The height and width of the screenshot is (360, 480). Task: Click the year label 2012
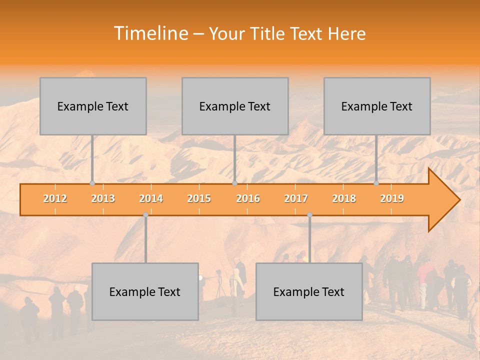coord(55,198)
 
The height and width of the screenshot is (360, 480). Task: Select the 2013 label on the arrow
coord(103,198)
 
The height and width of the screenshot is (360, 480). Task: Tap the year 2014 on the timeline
coord(151,198)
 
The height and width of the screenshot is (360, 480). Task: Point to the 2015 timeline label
coord(199,198)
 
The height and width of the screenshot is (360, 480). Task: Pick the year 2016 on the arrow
coord(248,198)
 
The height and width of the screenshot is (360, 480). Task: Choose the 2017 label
coord(296,198)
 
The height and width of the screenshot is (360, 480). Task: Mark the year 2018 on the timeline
coord(344,198)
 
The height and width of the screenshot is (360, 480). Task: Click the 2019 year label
coord(392,198)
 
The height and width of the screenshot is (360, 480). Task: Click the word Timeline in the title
coord(150,33)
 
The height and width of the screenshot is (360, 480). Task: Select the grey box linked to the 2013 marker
coord(93,106)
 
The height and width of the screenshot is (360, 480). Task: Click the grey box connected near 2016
coord(235,106)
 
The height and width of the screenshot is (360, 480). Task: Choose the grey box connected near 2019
coord(377,106)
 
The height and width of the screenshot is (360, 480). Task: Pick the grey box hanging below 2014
coord(145,291)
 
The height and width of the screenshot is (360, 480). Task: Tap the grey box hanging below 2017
coord(309,291)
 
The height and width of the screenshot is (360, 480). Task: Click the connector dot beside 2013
coord(92,183)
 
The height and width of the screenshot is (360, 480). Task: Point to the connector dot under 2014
coord(145,214)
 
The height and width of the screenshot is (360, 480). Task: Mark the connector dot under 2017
coord(309,214)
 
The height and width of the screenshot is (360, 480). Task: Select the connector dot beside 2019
coord(376,183)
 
